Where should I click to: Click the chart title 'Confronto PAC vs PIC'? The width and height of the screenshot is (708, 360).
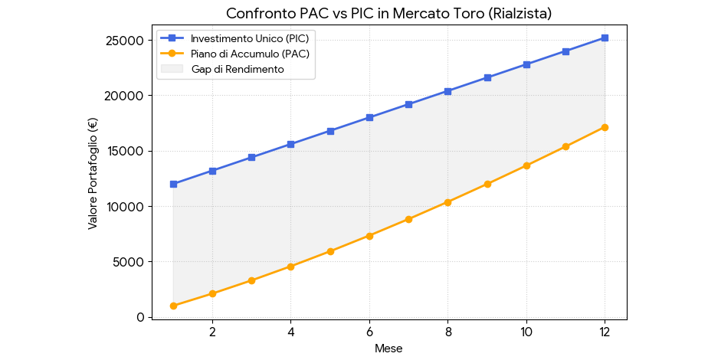tap(388, 14)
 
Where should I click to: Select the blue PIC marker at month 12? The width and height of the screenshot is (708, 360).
tap(605, 38)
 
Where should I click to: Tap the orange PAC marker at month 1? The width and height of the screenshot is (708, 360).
tap(173, 306)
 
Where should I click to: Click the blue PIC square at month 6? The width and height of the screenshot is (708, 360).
tap(369, 117)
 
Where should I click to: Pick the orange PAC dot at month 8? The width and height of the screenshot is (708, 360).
tap(447, 202)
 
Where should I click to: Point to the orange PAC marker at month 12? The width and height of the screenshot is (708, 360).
tap(605, 127)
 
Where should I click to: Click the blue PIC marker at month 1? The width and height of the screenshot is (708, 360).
tap(173, 184)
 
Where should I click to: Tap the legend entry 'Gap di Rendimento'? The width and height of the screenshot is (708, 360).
tap(238, 69)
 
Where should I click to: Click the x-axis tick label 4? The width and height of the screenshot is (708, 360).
tap(290, 332)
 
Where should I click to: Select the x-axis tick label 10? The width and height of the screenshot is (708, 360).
tap(526, 332)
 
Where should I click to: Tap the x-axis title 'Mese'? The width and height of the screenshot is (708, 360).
tap(388, 349)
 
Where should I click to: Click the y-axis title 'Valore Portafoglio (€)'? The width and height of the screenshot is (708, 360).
tap(93, 173)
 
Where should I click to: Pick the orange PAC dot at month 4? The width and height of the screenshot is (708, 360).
tap(290, 267)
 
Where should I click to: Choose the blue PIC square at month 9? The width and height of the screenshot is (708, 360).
tap(487, 77)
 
